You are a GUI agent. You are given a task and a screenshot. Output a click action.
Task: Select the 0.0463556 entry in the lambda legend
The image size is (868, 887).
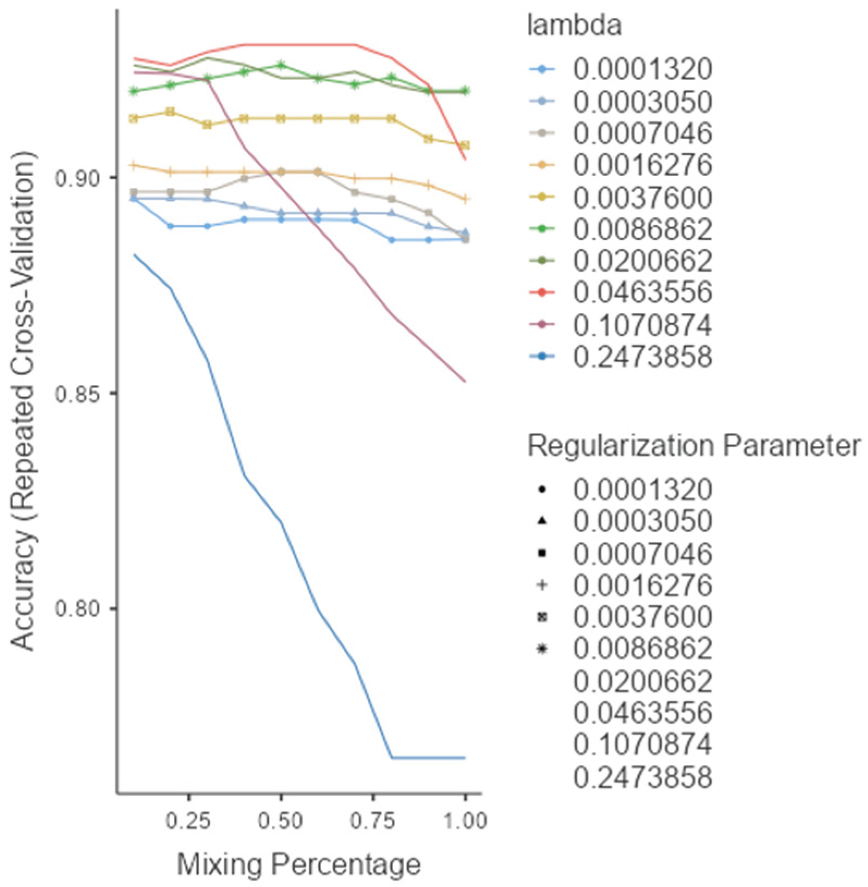pos(642,293)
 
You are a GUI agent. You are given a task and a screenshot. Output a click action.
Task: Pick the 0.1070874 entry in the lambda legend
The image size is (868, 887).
pos(642,325)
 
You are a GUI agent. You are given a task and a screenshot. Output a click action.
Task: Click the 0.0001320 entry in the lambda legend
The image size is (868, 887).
pos(642,69)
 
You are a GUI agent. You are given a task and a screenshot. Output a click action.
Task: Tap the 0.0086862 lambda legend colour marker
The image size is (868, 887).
pos(541,229)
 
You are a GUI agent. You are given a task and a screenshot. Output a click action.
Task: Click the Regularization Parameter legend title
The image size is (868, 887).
pos(694,446)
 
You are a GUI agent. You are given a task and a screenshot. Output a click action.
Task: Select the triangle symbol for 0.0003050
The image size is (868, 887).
pos(541,521)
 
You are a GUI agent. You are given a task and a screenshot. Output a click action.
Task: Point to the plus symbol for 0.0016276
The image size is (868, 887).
pos(541,585)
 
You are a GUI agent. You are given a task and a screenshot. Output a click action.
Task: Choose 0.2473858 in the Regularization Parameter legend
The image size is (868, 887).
pos(642,777)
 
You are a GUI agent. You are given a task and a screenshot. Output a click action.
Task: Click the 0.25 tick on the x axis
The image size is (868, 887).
pos(188,820)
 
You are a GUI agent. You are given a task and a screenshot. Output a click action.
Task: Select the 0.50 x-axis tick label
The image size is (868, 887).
pos(281,820)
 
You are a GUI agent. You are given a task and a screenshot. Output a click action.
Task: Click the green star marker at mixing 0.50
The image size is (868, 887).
pos(281,65)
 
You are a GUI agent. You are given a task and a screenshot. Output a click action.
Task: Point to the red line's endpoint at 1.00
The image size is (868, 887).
pos(465,160)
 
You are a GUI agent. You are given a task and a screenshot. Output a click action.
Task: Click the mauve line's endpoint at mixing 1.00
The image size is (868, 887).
pos(465,381)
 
